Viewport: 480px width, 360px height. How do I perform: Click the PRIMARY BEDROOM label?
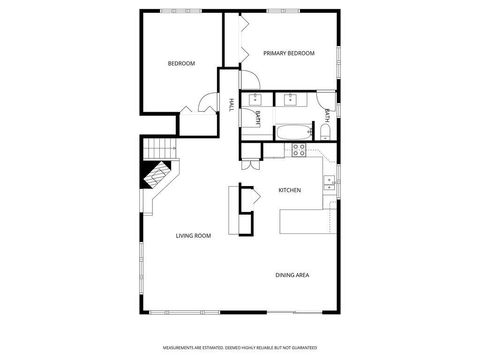tap(289, 53)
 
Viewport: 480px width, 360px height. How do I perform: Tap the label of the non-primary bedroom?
tap(181, 64)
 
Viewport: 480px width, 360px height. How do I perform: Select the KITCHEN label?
tap(289, 190)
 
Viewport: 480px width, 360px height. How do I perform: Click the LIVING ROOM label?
tap(193, 236)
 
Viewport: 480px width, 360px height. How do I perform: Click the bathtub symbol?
tap(292, 130)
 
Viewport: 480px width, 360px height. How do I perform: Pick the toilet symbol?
tap(325, 132)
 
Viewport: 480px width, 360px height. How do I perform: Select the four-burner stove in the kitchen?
tap(298, 150)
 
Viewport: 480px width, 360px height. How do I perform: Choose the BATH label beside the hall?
tap(257, 118)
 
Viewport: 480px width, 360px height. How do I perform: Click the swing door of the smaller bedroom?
tap(207, 102)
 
